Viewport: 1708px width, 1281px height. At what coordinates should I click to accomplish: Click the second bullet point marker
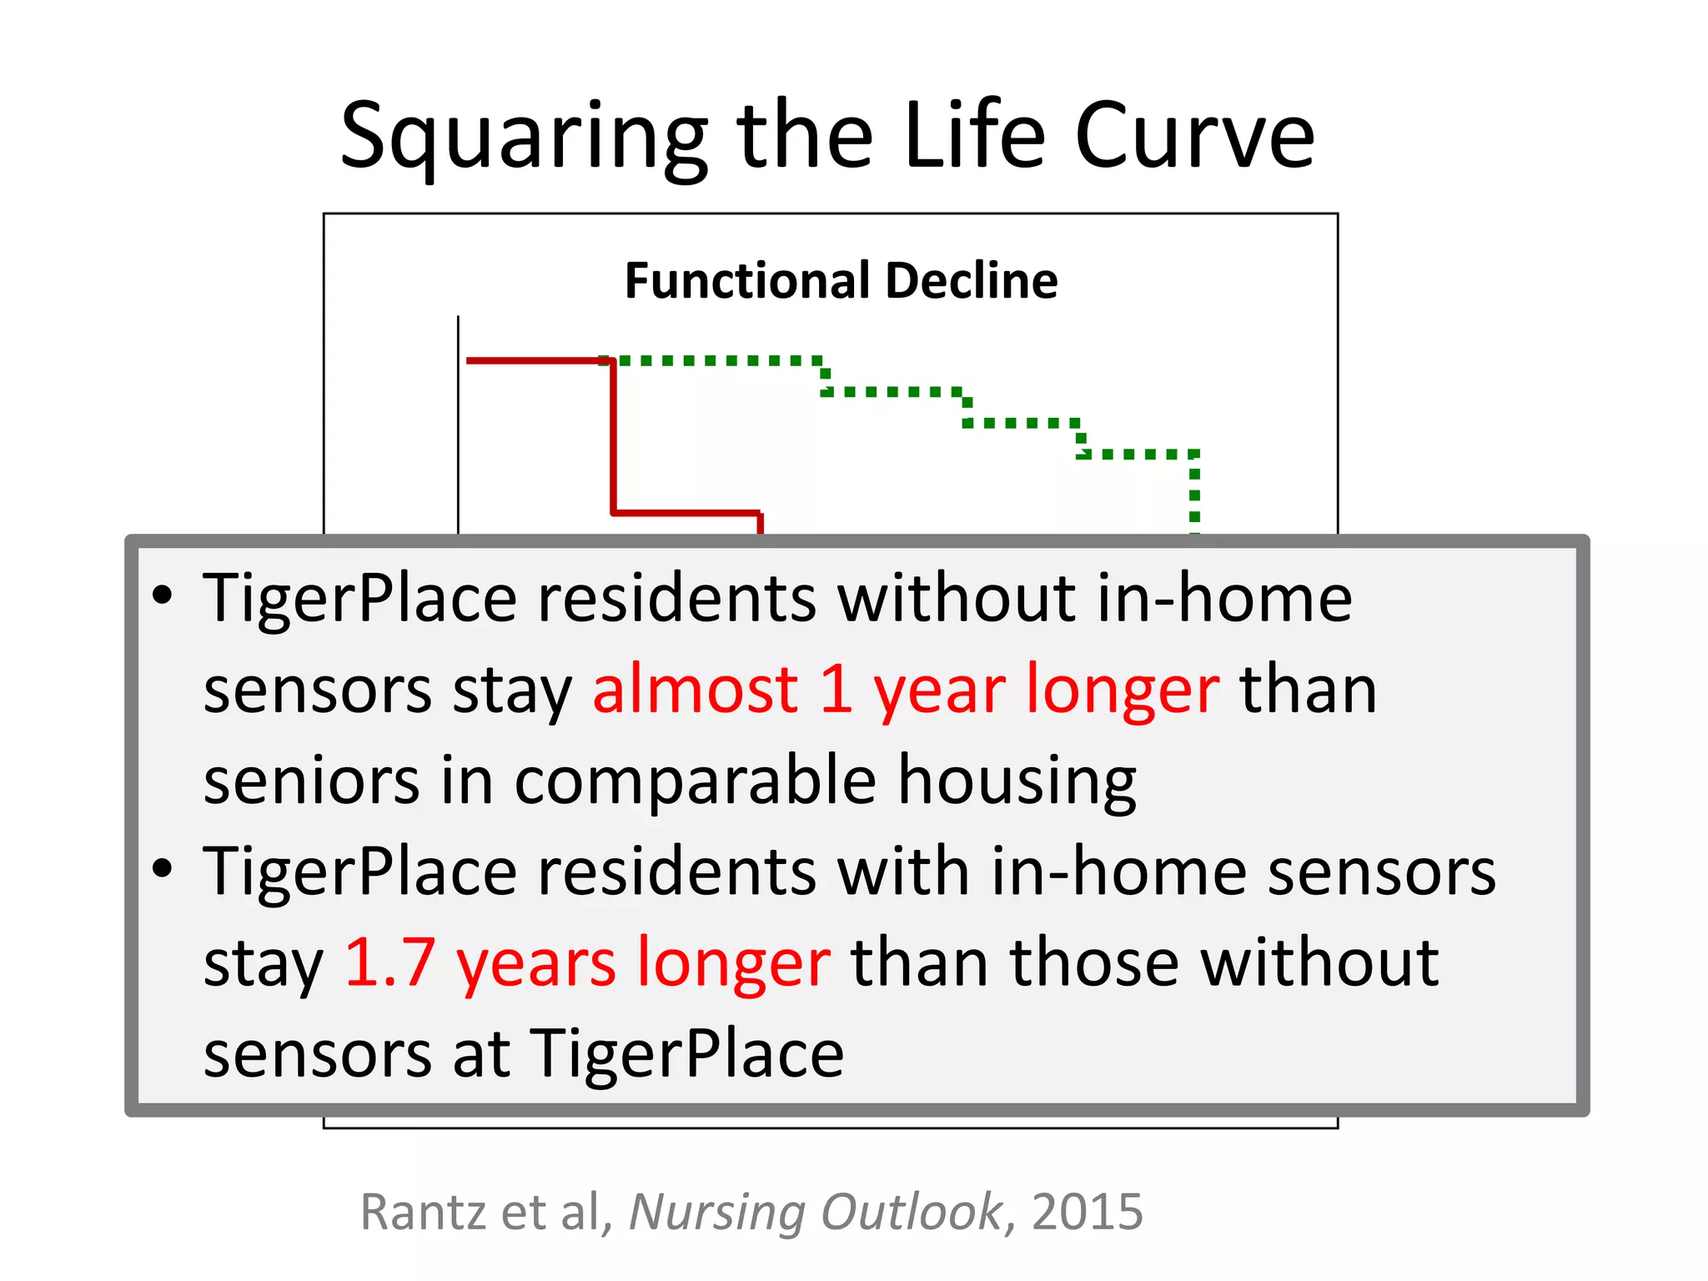pyautogui.click(x=163, y=869)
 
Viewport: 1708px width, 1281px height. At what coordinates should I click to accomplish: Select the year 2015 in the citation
pyautogui.click(x=1087, y=1212)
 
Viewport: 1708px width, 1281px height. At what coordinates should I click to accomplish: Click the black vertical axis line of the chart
pyautogui.click(x=458, y=425)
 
